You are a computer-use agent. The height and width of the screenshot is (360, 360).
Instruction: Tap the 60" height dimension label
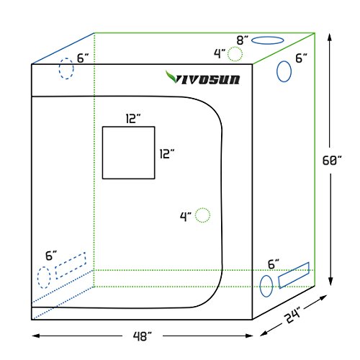pyautogui.click(x=332, y=161)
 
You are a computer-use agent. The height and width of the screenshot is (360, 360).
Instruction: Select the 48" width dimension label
pyautogui.click(x=143, y=336)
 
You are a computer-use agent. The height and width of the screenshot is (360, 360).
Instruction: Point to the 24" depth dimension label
pyautogui.click(x=292, y=315)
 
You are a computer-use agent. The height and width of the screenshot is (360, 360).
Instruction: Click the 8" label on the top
pyautogui.click(x=243, y=40)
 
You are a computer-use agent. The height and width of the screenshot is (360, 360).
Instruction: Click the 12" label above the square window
pyautogui.click(x=133, y=119)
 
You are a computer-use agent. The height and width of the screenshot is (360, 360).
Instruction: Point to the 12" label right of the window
pyautogui.click(x=167, y=154)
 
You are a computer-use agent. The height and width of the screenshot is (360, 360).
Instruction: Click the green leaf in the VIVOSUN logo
pyautogui.click(x=171, y=77)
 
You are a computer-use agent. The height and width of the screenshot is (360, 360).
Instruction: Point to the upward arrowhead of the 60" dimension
pyautogui.click(x=330, y=37)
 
